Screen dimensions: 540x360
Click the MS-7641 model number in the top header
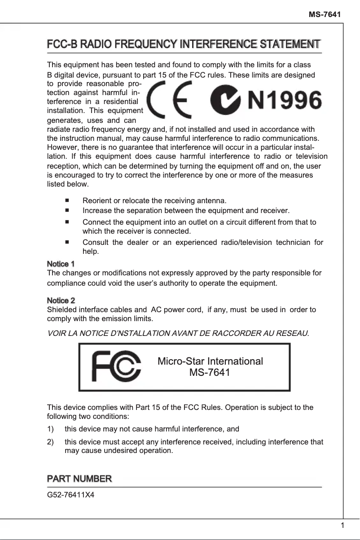pyautogui.click(x=325, y=15)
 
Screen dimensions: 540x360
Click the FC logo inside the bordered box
pyautogui.click(x=116, y=367)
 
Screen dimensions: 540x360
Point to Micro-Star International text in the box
pyautogui.click(x=210, y=361)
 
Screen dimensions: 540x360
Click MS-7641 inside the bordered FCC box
pyautogui.click(x=210, y=373)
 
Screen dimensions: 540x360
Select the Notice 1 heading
pyautogui.click(x=61, y=264)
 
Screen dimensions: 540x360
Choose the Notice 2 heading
pyautogui.click(x=61, y=300)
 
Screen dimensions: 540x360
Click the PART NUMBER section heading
pyautogui.click(x=79, y=479)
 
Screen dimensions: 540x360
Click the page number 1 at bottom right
pyautogui.click(x=342, y=526)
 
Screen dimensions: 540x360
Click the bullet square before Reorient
pyautogui.click(x=67, y=200)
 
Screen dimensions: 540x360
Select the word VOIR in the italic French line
pyautogui.click(x=56, y=333)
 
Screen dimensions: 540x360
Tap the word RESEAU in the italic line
pyautogui.click(x=294, y=333)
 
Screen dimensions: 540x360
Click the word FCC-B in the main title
pyautogui.click(x=61, y=44)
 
